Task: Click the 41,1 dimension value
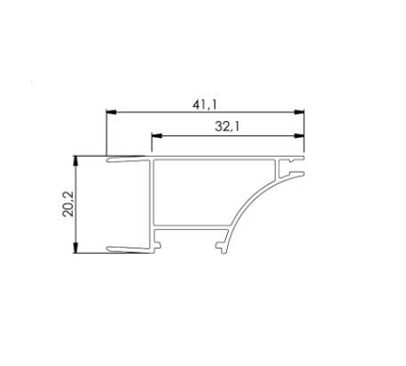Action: pyautogui.click(x=205, y=104)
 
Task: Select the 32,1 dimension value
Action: pyautogui.click(x=227, y=126)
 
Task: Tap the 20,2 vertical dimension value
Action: pyautogui.click(x=68, y=204)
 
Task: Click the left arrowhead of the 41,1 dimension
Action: pyautogui.click(x=110, y=112)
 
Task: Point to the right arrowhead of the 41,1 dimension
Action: pyautogui.click(x=299, y=112)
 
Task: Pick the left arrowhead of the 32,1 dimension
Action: pyautogui.click(x=156, y=136)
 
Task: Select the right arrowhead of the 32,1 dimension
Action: pyautogui.click(x=299, y=136)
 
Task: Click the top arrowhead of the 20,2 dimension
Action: pyautogui.click(x=76, y=160)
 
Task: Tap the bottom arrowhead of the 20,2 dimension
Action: pyautogui.click(x=76, y=248)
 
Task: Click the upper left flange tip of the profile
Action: pyautogui.click(x=108, y=160)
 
